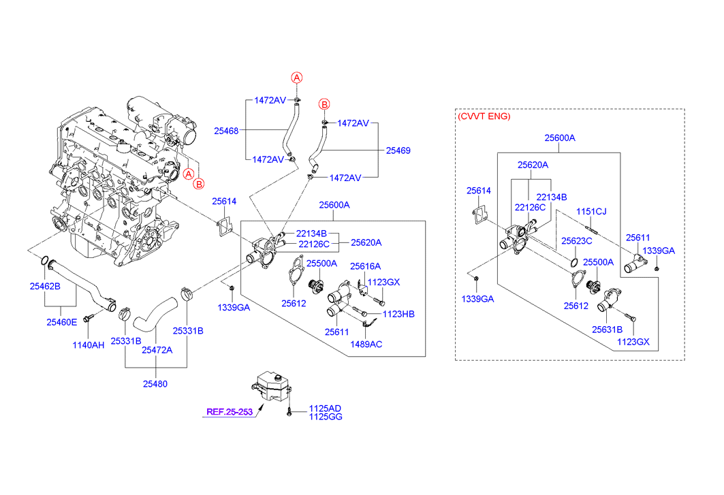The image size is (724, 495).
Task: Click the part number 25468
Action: tap(226, 131)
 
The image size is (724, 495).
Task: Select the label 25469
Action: tap(398, 150)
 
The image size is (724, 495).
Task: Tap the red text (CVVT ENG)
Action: tap(484, 116)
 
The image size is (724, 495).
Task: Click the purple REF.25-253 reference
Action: tap(230, 412)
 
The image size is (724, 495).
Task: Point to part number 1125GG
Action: tap(326, 417)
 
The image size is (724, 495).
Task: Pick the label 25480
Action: tap(155, 384)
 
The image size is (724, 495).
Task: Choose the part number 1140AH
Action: tap(89, 345)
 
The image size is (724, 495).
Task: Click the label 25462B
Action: tap(45, 287)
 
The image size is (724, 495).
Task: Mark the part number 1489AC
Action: tap(366, 345)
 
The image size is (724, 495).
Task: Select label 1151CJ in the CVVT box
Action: tap(591, 212)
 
